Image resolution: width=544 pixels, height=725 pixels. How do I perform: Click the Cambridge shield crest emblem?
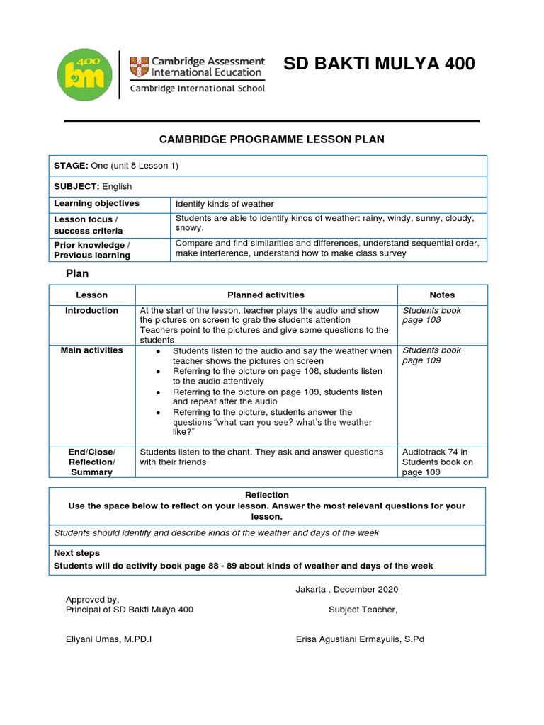pyautogui.click(x=138, y=67)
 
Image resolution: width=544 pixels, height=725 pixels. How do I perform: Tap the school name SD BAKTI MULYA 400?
pyautogui.click(x=379, y=64)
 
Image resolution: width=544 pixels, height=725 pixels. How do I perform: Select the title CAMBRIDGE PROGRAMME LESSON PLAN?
pyautogui.click(x=272, y=139)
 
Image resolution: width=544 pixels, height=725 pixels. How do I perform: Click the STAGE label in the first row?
pyautogui.click(x=71, y=166)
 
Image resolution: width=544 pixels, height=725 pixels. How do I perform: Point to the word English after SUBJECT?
pyautogui.click(x=117, y=186)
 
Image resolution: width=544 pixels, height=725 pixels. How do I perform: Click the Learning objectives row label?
pyautogui.click(x=97, y=204)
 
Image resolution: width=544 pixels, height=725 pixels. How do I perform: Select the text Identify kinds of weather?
pyautogui.click(x=225, y=204)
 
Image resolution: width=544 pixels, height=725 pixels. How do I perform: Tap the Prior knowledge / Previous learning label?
pyautogui.click(x=92, y=249)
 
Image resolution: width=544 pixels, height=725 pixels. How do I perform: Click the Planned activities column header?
pyautogui.click(x=266, y=295)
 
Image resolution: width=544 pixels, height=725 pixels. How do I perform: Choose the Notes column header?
pyautogui.click(x=442, y=295)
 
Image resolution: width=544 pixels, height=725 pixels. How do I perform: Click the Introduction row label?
pyautogui.click(x=92, y=311)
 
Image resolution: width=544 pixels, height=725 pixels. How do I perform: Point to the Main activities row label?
pyautogui.click(x=92, y=350)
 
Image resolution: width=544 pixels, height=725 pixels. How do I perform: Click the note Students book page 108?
pyautogui.click(x=431, y=315)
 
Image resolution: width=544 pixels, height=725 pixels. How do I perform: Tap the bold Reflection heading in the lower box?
pyautogui.click(x=267, y=495)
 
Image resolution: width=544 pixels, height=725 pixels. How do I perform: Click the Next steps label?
pyautogui.click(x=77, y=553)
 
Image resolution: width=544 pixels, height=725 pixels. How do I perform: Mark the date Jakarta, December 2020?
pyautogui.click(x=347, y=589)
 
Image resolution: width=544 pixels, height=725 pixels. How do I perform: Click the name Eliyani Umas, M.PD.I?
pyautogui.click(x=108, y=639)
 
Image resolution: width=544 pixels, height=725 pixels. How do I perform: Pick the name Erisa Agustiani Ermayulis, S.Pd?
pyautogui.click(x=360, y=639)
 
